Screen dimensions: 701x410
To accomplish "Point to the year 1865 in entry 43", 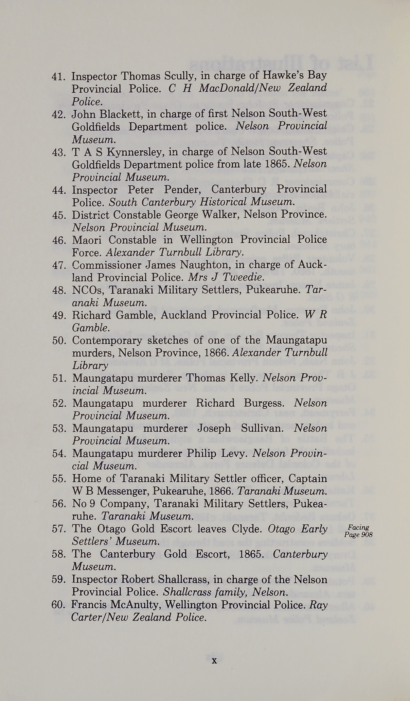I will pyautogui.click(x=277, y=164).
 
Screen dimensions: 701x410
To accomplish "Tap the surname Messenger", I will pyautogui.click(x=117, y=491).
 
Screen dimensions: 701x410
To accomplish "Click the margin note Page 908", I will pyautogui.click(x=358, y=535).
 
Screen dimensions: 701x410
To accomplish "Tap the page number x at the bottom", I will pyautogui.click(x=214, y=661).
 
